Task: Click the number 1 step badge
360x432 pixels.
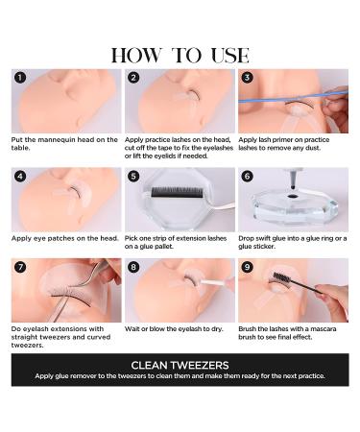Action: tap(20, 78)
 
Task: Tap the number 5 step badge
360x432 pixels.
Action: tap(133, 177)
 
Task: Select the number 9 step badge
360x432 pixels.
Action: tap(247, 267)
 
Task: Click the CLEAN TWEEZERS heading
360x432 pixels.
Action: tap(180, 365)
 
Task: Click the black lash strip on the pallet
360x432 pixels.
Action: tap(177, 192)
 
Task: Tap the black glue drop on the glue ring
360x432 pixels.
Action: tap(292, 197)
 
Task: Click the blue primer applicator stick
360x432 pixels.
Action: tap(293, 97)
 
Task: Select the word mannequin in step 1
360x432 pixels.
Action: tap(56, 140)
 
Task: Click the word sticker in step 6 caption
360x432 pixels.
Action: tap(265, 247)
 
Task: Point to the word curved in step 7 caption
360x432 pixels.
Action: tap(98, 337)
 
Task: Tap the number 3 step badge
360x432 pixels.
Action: tap(247, 78)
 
